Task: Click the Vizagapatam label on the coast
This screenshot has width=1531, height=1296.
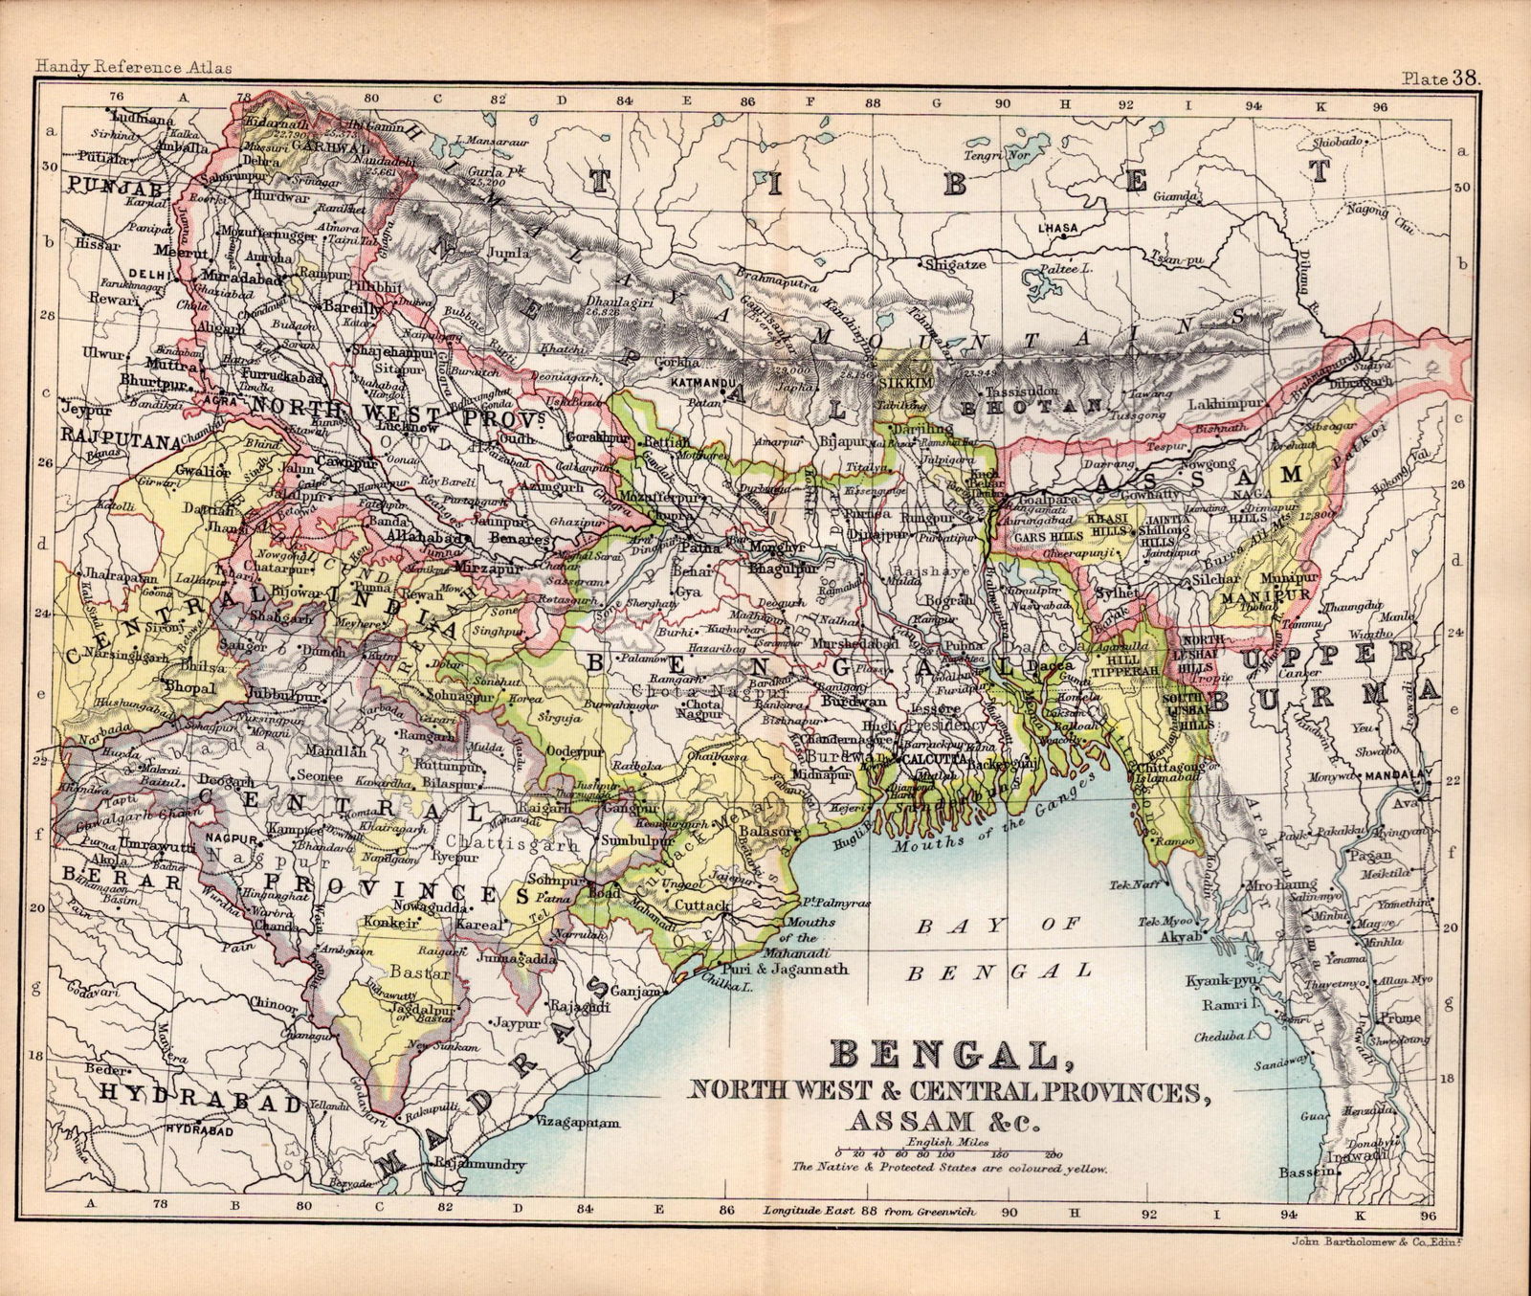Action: click(x=579, y=1121)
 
